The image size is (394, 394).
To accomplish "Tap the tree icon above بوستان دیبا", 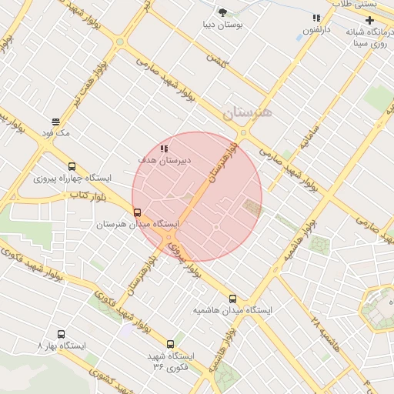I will click(223, 12).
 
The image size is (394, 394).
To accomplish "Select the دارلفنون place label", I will click(316, 30).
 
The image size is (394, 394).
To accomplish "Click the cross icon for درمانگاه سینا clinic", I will click(370, 18).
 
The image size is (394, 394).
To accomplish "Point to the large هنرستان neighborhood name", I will click(248, 113).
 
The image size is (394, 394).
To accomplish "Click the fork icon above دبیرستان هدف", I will click(163, 148).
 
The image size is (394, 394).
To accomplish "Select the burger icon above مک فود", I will click(56, 122).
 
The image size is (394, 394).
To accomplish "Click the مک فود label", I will click(57, 133).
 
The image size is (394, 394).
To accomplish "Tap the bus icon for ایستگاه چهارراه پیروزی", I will click(72, 166).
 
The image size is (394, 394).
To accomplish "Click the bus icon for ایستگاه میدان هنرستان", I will click(137, 212).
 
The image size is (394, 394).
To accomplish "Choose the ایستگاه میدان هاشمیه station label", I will click(232, 311).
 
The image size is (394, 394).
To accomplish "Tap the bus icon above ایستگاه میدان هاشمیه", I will click(232, 299).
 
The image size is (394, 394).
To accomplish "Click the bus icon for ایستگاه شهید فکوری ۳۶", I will click(170, 344).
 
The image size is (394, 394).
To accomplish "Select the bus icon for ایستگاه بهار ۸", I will click(62, 335).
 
